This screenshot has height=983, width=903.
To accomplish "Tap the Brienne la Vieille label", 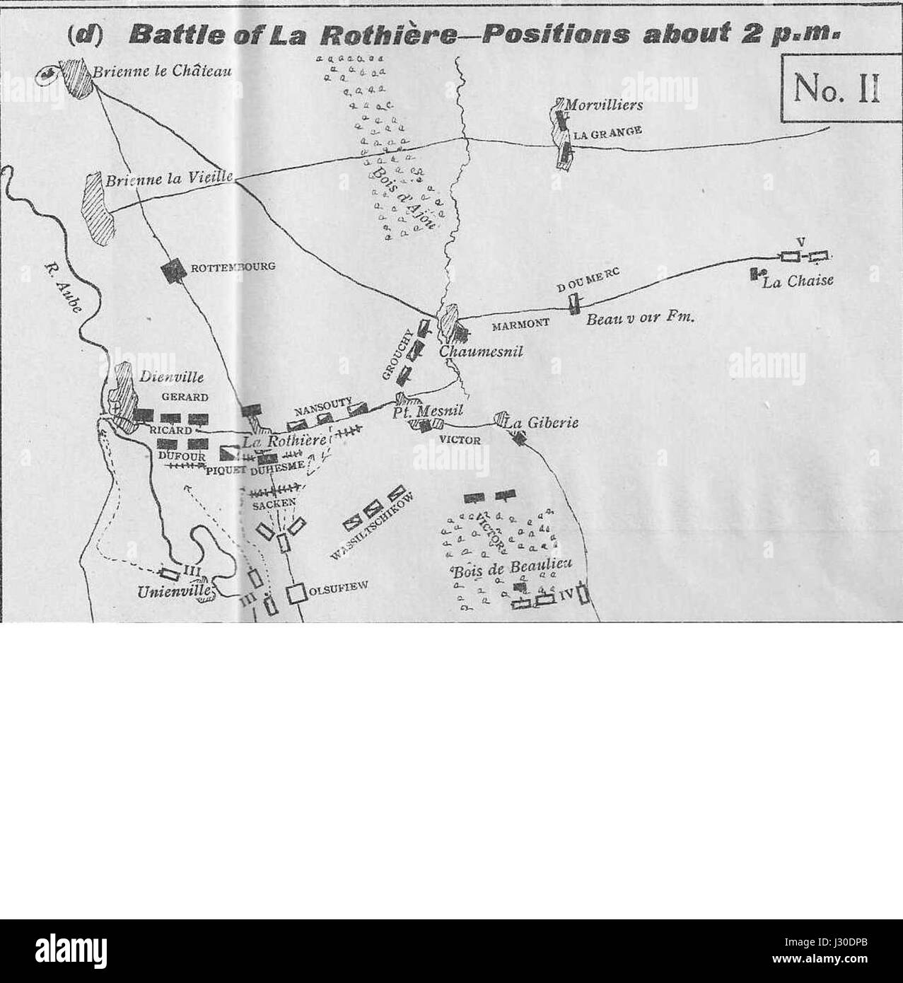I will (x=169, y=180).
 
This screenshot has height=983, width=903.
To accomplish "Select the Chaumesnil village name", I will (x=480, y=351).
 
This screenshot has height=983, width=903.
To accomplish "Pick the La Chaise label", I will (x=798, y=281).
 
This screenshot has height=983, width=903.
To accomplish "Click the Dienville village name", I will (x=168, y=378).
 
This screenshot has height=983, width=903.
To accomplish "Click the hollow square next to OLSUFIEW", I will (x=296, y=593).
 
